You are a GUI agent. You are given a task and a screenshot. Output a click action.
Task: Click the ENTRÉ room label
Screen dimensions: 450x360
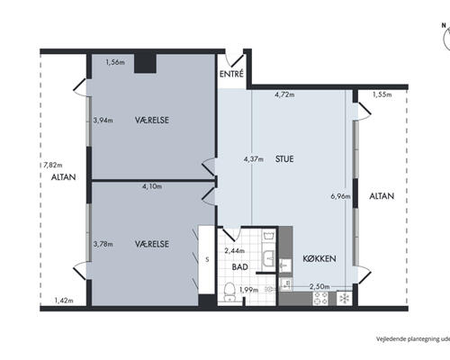231,74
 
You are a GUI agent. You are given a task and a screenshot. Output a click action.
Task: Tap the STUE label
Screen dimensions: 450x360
284,159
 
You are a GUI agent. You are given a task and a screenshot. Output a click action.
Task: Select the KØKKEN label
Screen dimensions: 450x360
319,258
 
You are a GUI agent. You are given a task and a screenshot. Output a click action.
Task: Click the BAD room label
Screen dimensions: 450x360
240,266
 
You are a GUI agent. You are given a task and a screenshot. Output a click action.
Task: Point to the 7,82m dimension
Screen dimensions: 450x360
53,165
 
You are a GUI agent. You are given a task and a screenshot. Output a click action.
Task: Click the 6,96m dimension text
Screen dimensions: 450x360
340,196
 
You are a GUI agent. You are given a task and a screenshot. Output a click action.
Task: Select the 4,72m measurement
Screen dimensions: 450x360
284,94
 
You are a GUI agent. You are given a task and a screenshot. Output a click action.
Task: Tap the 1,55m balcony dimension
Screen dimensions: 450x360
382,94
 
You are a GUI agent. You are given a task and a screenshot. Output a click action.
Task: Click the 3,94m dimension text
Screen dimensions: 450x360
103,121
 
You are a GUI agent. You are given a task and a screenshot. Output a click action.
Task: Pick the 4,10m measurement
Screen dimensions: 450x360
152,186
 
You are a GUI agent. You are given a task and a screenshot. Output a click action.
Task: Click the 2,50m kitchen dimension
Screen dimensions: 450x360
319,287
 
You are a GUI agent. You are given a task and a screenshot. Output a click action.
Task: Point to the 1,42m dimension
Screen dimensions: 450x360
64,301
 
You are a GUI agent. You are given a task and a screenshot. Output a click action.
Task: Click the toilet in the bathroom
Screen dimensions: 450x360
230,292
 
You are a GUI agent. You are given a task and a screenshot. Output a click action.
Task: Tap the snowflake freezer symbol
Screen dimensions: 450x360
345,299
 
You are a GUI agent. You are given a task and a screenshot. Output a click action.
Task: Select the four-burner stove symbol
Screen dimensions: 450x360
320,298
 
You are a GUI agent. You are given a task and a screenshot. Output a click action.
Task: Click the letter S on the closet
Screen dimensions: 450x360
207,260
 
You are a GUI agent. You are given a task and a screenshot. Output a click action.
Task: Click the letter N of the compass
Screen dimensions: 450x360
444,25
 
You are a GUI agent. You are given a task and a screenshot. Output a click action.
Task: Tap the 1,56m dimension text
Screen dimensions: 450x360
115,62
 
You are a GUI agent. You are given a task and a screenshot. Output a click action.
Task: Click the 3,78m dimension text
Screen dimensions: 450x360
103,244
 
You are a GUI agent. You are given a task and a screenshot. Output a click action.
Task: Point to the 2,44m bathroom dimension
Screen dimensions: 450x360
235,251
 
